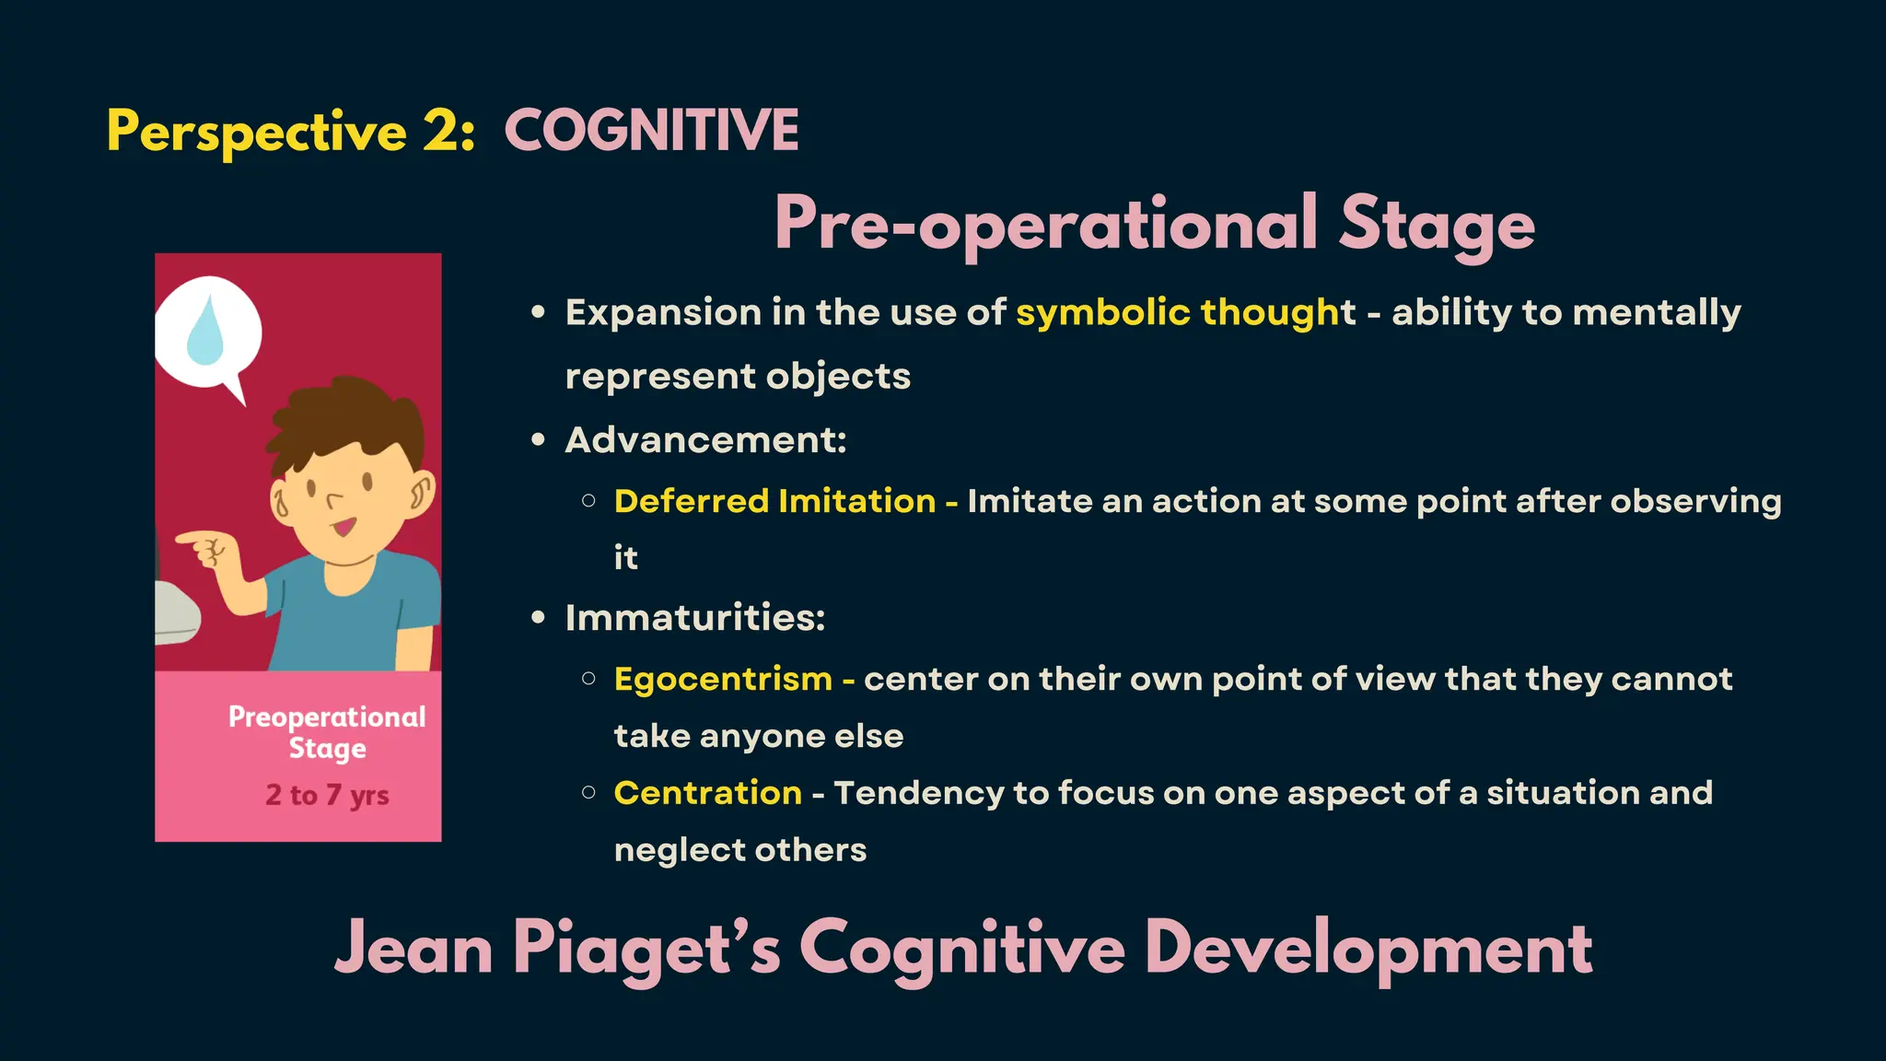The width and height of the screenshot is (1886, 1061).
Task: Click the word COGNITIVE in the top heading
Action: (x=651, y=130)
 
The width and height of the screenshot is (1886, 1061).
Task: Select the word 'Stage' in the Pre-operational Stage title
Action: (x=1437, y=224)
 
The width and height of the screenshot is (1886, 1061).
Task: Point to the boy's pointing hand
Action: (x=207, y=549)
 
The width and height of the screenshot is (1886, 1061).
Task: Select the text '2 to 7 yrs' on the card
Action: (x=327, y=794)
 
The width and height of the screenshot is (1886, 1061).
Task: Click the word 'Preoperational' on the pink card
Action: (x=327, y=717)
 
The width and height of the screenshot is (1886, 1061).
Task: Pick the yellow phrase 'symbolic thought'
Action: (x=1185, y=312)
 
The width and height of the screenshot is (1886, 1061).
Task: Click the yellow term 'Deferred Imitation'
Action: (x=774, y=501)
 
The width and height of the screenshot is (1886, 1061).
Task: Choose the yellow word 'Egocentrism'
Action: (x=723, y=679)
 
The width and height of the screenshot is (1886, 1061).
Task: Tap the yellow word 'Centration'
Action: (x=707, y=793)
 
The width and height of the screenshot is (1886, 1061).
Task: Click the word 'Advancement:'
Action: (x=705, y=440)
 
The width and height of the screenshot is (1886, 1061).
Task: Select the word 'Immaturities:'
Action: (x=695, y=618)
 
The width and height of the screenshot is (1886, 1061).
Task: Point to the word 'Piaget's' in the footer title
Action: (x=646, y=949)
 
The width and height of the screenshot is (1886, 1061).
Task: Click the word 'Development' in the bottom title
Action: (x=1368, y=949)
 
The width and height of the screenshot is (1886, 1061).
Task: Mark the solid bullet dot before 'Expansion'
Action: (x=539, y=312)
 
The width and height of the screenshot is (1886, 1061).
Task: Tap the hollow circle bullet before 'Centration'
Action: (x=588, y=792)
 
